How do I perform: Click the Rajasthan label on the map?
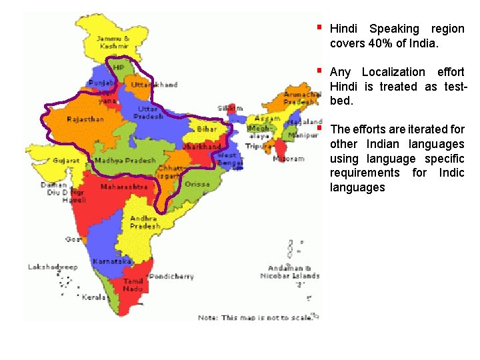pyautogui.click(x=85, y=119)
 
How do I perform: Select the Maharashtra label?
pyautogui.click(x=123, y=187)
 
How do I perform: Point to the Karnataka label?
pyautogui.click(x=111, y=261)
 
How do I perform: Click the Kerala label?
pyautogui.click(x=94, y=297)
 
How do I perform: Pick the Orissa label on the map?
pyautogui.click(x=197, y=185)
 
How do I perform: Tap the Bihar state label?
pyautogui.click(x=207, y=129)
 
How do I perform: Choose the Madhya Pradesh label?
pyautogui.click(x=125, y=161)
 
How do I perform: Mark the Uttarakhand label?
pyautogui.click(x=155, y=85)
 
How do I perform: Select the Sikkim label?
pyautogui.click(x=231, y=108)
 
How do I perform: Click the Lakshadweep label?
pyautogui.click(x=53, y=267)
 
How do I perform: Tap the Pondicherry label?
pyautogui.click(x=172, y=276)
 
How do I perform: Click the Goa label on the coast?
pyautogui.click(x=73, y=239)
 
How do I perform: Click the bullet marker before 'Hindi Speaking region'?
pyautogui.click(x=320, y=27)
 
